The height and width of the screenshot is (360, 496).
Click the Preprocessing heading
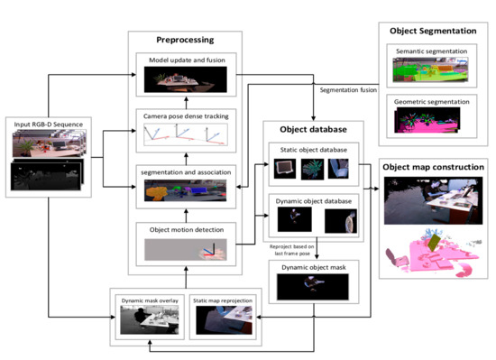click(184, 41)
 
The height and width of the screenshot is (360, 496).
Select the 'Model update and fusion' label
click(187, 60)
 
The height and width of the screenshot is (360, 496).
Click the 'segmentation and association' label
click(185, 171)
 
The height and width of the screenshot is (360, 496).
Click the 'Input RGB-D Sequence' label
click(47, 122)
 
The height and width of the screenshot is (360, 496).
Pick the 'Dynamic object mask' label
click(311, 266)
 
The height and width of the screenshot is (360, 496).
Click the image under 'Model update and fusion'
click(187, 82)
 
